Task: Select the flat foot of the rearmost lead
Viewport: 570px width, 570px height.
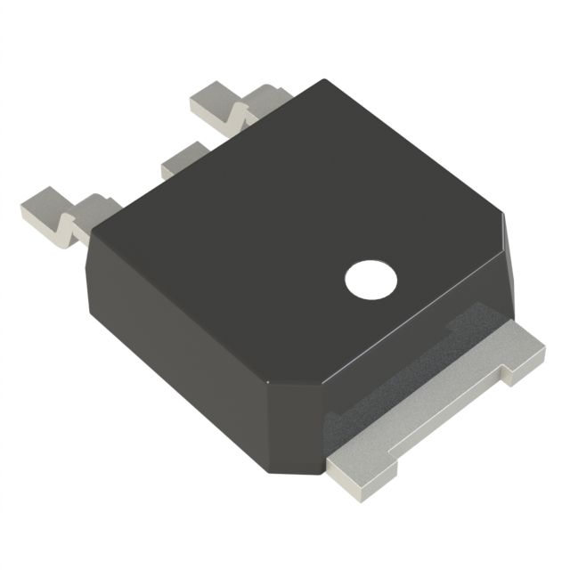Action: tap(212, 99)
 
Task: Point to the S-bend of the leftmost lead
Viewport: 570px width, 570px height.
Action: tap(66, 223)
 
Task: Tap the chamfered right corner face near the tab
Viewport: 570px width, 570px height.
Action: tap(504, 258)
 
